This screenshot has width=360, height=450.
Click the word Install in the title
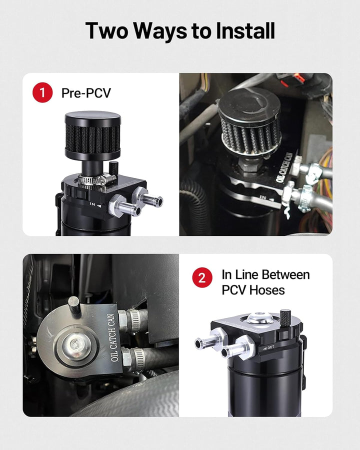coord(245,30)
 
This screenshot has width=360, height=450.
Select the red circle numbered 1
coord(42,92)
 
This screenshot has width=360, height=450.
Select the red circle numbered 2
coord(202,277)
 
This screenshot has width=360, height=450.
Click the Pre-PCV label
coord(86,92)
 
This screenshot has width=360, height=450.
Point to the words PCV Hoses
coord(253,290)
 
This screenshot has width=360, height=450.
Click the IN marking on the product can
coord(92,204)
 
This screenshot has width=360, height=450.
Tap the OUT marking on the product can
coord(270,347)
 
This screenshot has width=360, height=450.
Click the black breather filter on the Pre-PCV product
coord(92,135)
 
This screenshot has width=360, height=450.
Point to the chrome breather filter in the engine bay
coord(249,121)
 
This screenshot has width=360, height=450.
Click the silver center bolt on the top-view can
coord(75,344)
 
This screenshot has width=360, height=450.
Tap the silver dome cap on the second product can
coord(257,317)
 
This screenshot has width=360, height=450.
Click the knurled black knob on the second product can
coord(285,317)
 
